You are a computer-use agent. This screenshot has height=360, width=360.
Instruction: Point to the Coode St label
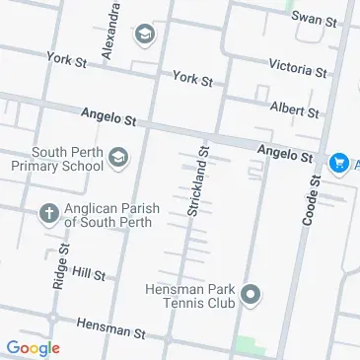coord(313,201)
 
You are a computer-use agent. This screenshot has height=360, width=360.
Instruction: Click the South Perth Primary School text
coord(67,159)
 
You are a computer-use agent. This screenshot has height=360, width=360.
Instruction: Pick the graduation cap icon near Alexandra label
coord(144,36)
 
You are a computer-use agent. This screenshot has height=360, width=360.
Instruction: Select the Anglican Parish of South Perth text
coord(106,216)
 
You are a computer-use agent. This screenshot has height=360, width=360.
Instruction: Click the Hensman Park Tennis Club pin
coord(251,295)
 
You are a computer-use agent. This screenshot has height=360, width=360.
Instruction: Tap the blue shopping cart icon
coord(339,161)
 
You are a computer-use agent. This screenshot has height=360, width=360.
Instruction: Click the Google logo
coord(32,347)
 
